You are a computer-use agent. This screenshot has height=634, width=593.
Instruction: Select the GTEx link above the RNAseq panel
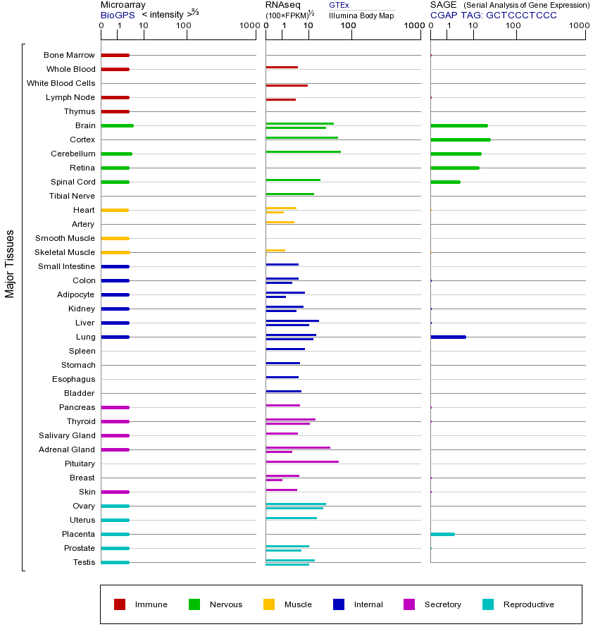pyautogui.click(x=339, y=5)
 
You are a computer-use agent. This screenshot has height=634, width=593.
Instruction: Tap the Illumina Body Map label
pyautogui.click(x=361, y=15)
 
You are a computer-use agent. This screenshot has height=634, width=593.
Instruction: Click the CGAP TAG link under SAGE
pyautogui.click(x=493, y=15)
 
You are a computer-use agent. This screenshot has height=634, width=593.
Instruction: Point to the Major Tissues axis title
pyautogui.click(x=10, y=263)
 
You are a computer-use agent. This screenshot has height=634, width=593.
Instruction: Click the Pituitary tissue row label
pyautogui.click(x=80, y=464)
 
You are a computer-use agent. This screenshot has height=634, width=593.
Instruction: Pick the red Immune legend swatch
pyautogui.click(x=120, y=604)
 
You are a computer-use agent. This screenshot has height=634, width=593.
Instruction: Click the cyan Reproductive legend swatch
pyautogui.click(x=488, y=604)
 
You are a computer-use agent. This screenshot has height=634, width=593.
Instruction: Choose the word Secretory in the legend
pyautogui.click(x=443, y=604)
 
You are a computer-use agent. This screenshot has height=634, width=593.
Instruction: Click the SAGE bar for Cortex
pyautogui.click(x=460, y=139)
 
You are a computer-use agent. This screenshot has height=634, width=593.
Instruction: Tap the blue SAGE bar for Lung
pyautogui.click(x=448, y=337)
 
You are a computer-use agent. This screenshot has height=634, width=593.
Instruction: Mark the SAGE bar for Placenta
pyautogui.click(x=442, y=534)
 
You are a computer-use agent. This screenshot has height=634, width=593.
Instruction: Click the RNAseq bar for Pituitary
pyautogui.click(x=301, y=461)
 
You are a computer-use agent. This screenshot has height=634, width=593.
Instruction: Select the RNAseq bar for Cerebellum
pyautogui.click(x=303, y=151)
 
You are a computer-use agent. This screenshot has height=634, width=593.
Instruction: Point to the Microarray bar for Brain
pyautogui.click(x=117, y=125)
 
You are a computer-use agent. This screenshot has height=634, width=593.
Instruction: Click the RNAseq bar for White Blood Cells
pyautogui.click(x=286, y=85)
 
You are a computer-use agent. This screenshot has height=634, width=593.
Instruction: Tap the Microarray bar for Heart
pyautogui.click(x=114, y=210)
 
